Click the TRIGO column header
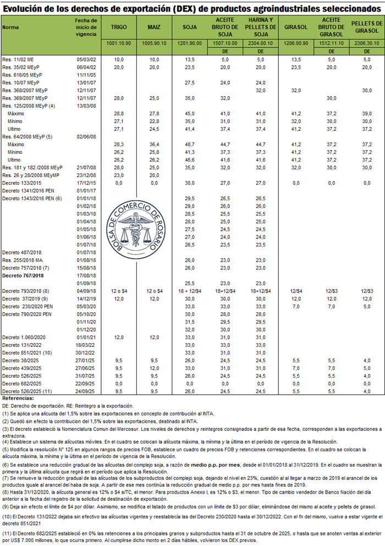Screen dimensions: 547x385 pos(119,27)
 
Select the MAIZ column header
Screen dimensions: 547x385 pos(154,27)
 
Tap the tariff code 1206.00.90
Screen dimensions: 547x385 pos(294,43)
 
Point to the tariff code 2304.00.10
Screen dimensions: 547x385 pos(260,43)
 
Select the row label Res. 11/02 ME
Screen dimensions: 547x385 pos(20,58)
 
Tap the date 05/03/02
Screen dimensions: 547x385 pos(86,58)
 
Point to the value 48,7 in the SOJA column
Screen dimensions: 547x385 pos(189,143)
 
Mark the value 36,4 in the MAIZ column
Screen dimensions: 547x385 pos(154,143)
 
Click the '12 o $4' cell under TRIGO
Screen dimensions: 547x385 pos(119,290)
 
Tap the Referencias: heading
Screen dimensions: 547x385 pos(18,397)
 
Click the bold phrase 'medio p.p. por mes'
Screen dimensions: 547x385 pos(213,463)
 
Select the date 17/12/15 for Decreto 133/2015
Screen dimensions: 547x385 pos(86,182)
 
